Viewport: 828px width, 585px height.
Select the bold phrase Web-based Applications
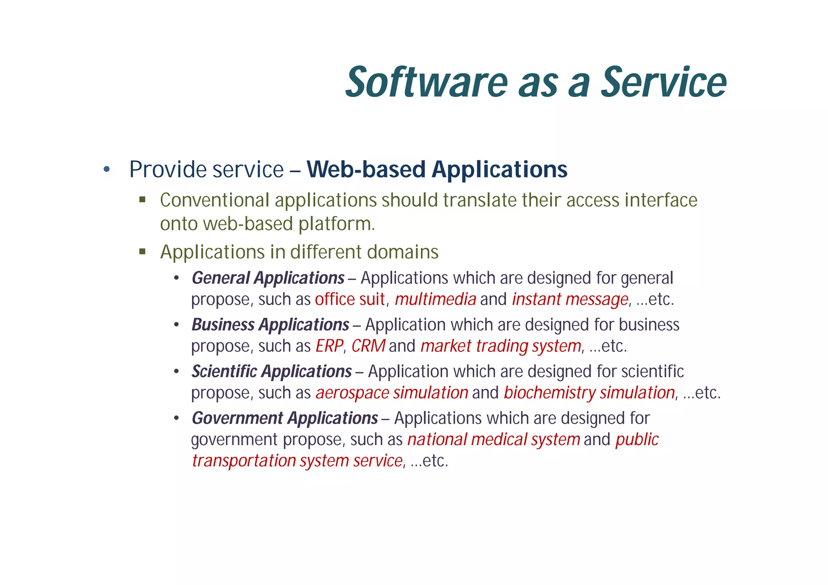[x=437, y=169]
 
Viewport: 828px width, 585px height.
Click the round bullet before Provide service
[x=106, y=169]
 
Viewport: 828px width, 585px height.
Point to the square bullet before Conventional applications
[x=142, y=200]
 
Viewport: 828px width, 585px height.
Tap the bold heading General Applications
[x=268, y=278]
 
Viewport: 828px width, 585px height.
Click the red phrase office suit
[x=349, y=300]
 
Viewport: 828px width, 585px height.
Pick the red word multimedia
[x=435, y=300]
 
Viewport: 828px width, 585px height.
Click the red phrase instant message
[x=570, y=300]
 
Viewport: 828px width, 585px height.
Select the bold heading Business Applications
[x=270, y=325]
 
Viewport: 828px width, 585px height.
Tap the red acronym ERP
[x=329, y=346]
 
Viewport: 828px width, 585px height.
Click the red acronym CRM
[x=368, y=346]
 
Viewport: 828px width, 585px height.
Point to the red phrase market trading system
[x=501, y=346]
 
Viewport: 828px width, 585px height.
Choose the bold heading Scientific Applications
[x=271, y=372]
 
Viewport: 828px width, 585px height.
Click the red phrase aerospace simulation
[x=391, y=393]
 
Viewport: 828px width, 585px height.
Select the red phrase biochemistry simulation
[x=589, y=393]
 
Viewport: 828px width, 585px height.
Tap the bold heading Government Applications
[x=285, y=418]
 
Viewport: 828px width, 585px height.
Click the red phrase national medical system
[x=493, y=440]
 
